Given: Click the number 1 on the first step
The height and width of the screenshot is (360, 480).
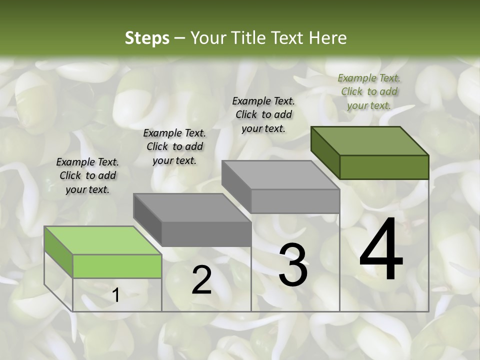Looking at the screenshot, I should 116,295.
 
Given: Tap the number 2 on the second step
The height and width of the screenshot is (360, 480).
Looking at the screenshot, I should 201,280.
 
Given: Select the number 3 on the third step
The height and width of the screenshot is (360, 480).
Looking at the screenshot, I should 293,265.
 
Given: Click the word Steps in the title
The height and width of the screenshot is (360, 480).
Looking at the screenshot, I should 147,38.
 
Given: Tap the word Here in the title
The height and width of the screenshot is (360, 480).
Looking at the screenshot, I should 328,38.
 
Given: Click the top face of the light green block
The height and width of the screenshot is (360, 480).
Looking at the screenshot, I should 102,240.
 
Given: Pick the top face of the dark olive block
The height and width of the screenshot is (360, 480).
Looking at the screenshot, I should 369,141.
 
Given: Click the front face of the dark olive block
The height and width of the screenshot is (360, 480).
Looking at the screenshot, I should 384,167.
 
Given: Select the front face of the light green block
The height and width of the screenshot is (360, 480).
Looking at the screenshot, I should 117,266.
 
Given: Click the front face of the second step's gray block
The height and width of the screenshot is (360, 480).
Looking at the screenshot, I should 206,234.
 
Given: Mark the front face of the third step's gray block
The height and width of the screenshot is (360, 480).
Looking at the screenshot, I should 295,201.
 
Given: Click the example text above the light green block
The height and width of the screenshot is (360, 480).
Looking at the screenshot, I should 87,176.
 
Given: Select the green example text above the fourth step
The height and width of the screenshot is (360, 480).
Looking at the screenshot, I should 369,91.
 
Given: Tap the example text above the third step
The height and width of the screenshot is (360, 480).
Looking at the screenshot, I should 263,114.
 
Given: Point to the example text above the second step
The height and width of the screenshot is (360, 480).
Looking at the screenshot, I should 174,146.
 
